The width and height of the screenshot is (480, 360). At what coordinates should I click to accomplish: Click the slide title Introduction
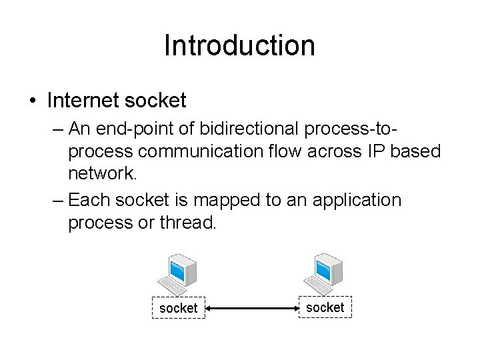pyautogui.click(x=239, y=46)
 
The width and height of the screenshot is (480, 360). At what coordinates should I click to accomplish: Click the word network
pyautogui.click(x=101, y=174)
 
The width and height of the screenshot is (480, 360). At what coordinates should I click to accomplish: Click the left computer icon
pyautogui.click(x=177, y=273)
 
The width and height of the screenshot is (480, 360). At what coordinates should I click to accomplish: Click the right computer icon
pyautogui.click(x=323, y=273)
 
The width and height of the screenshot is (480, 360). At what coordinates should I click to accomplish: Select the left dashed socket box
pyautogui.click(x=179, y=308)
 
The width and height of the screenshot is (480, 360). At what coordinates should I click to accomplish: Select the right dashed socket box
pyautogui.click(x=325, y=307)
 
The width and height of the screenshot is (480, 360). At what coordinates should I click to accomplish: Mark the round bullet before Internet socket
pyautogui.click(x=33, y=102)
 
